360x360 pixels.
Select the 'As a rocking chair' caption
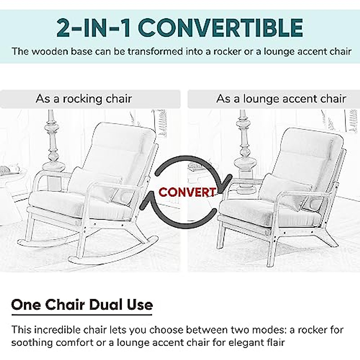click(84, 99)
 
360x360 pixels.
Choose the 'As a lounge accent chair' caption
click(281, 99)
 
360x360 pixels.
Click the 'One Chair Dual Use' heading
click(82, 305)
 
